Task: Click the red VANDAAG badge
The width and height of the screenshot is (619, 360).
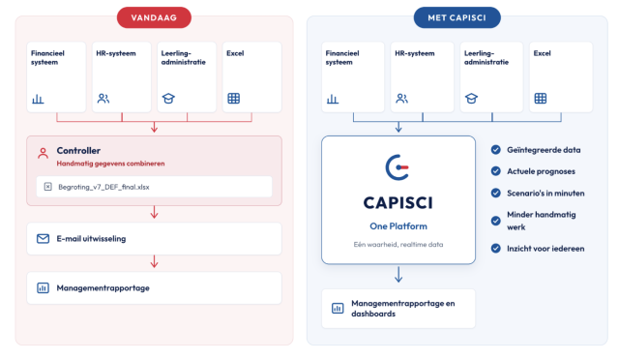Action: click(154, 17)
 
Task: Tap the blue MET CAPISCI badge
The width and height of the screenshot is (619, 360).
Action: click(457, 17)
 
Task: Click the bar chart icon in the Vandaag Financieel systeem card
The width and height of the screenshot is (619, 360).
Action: click(38, 99)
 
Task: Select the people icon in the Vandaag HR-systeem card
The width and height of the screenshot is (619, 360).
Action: click(103, 99)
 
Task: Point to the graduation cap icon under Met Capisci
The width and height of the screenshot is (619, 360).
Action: click(471, 99)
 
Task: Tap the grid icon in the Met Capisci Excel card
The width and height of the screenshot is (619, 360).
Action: click(541, 99)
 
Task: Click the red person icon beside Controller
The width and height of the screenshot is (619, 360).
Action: click(43, 153)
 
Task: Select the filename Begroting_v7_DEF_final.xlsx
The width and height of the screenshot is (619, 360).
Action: click(103, 187)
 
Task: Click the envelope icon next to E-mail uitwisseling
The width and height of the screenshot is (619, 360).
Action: click(43, 239)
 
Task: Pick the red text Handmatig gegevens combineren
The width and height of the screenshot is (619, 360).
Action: click(110, 164)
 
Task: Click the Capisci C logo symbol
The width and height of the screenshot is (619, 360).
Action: click(398, 167)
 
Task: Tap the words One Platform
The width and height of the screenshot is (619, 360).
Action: click(398, 226)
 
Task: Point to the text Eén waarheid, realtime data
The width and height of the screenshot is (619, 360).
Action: click(398, 245)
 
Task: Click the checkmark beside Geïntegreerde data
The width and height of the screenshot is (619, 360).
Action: click(496, 150)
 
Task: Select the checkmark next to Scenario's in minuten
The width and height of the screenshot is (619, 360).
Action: click(496, 193)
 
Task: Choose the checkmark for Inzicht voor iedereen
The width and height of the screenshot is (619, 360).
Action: click(496, 248)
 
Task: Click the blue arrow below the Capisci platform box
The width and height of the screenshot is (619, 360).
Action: click(398, 275)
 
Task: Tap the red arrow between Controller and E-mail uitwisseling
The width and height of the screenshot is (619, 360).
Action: click(155, 212)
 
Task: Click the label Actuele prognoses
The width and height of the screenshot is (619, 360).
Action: click(541, 171)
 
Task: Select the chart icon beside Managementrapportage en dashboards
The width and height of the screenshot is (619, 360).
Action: click(338, 309)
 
